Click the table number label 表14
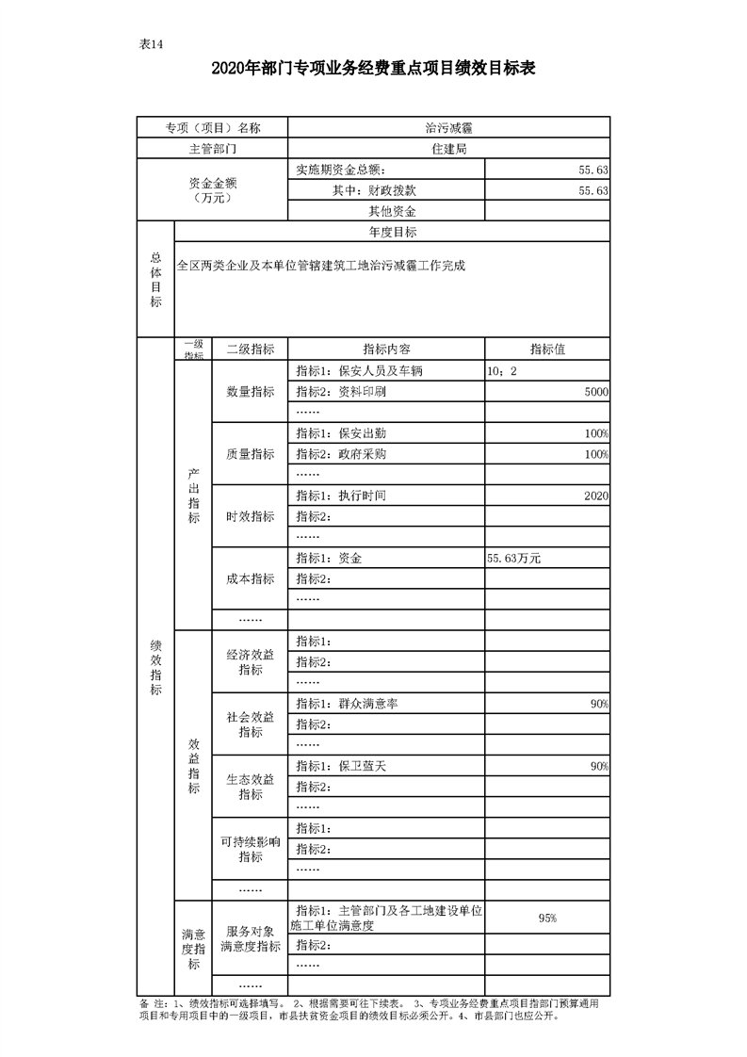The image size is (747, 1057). click(x=151, y=44)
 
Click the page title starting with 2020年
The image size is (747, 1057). click(x=373, y=69)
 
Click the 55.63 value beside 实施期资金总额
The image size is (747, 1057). click(x=593, y=170)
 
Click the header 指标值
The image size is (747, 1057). click(x=547, y=349)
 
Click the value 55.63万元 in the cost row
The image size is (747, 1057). click(x=513, y=558)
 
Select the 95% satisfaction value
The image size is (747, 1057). click(x=547, y=918)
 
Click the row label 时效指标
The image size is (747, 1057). click(x=250, y=516)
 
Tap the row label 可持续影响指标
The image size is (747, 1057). click(x=250, y=849)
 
